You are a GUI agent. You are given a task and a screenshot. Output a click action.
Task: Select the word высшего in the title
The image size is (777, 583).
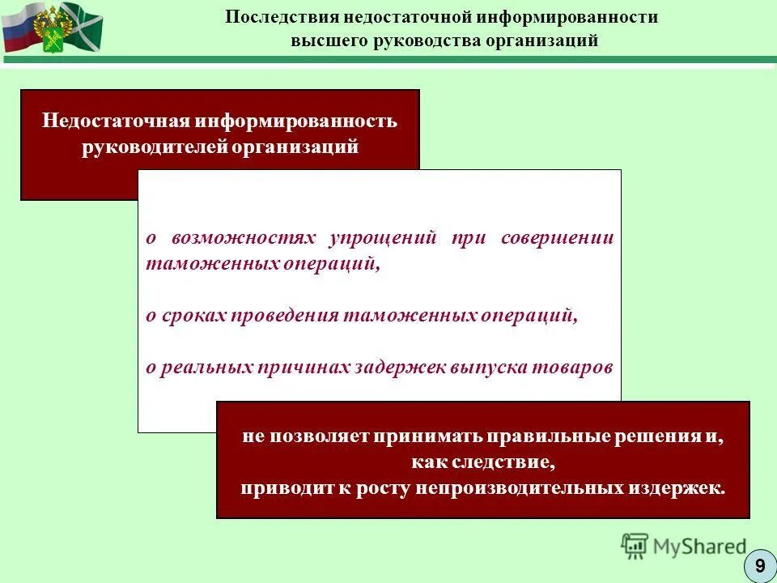326,40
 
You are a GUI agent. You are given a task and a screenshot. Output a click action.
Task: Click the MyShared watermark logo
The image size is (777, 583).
684,547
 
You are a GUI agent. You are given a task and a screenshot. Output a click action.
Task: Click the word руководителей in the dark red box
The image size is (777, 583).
153,148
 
